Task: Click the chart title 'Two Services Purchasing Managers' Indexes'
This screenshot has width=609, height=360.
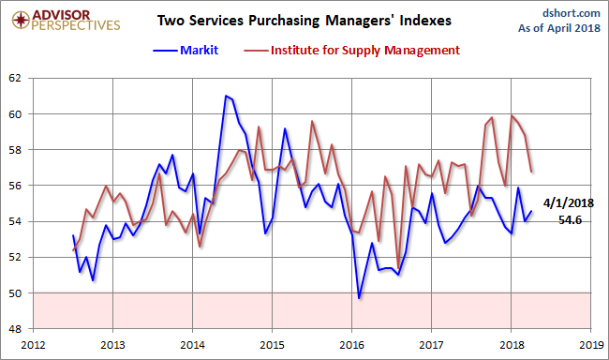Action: tap(304, 19)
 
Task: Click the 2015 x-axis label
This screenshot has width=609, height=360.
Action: tap(272, 344)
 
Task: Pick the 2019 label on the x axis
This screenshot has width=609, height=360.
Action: tap(590, 344)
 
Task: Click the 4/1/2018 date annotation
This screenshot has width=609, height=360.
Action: tap(569, 202)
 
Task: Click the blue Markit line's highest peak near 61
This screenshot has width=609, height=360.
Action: tap(226, 96)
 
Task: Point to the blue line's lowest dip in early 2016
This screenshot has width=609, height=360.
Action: tap(359, 298)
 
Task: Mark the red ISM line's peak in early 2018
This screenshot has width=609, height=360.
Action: tap(512, 115)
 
